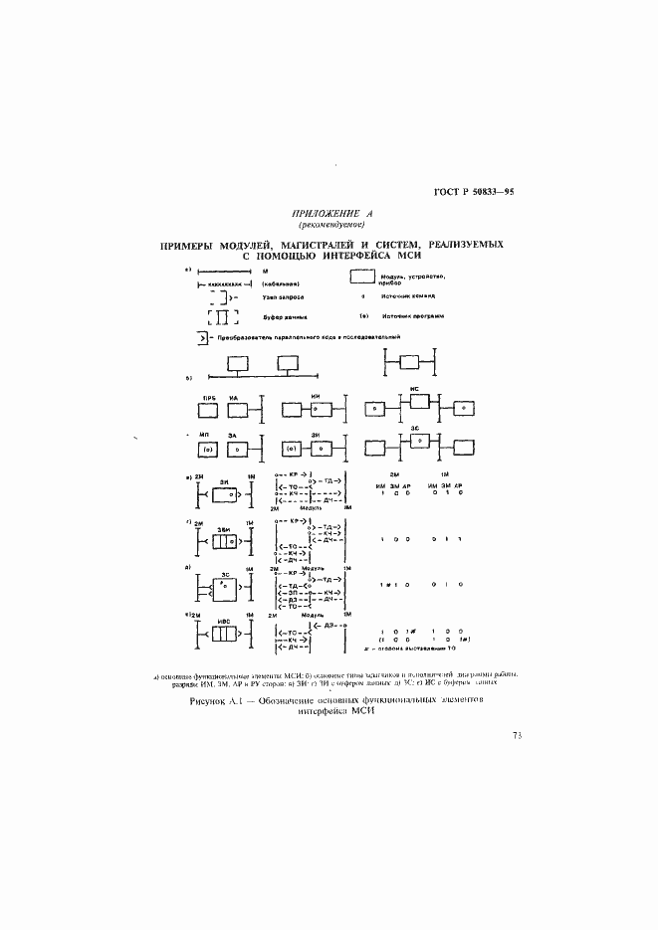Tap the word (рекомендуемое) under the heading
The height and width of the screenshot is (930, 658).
click(329, 225)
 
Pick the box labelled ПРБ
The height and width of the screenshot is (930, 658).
click(209, 409)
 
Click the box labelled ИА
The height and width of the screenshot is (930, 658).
click(236, 409)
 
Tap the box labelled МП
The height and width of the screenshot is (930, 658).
click(210, 450)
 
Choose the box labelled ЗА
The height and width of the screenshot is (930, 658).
click(236, 450)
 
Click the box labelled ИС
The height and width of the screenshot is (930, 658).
click(419, 401)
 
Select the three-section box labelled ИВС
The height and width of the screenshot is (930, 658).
click(222, 634)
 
